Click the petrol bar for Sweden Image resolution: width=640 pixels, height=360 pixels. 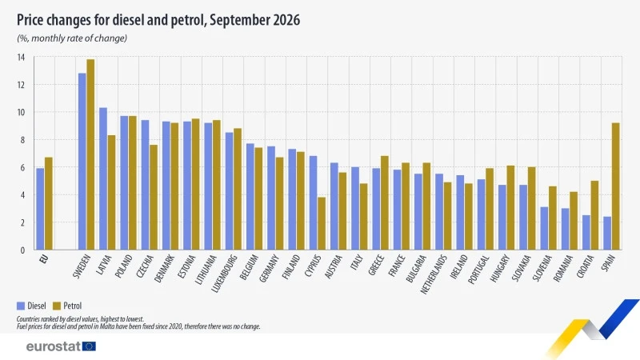click(90, 154)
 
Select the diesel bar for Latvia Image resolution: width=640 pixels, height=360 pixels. click(103, 178)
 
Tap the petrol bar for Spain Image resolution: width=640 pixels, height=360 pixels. click(615, 186)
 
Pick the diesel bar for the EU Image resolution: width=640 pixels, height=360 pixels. click(40, 209)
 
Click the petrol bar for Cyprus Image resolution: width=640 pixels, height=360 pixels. click(322, 223)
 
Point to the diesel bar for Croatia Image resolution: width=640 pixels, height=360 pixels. click(586, 232)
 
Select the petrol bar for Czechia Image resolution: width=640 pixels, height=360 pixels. click(154, 197)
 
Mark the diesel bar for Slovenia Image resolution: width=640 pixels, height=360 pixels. click(544, 228)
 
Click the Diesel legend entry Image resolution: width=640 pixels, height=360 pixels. click(31, 306)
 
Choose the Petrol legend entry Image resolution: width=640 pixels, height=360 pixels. click(67, 306)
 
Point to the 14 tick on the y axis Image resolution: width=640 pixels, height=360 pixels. click(21, 57)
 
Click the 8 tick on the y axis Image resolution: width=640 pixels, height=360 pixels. click(23, 140)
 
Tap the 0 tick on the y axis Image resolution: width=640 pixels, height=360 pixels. click(23, 250)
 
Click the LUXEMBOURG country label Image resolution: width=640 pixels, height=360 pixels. click(225, 274)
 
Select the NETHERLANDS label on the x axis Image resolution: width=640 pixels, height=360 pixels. click(434, 274)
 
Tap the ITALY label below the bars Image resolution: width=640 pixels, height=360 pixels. click(356, 262)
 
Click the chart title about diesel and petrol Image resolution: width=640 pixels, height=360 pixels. click(158, 19)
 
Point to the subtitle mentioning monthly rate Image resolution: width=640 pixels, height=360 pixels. click(72, 38)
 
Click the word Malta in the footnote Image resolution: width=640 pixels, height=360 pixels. click(109, 326)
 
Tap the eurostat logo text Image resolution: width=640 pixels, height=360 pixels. click(54, 346)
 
